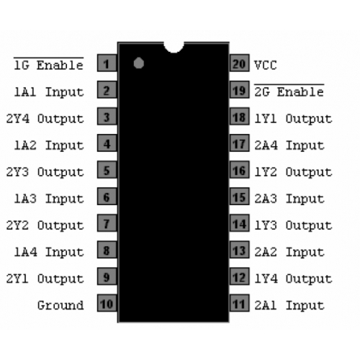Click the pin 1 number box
point(107,63)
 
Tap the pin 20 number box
point(240,63)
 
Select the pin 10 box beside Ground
point(107,303)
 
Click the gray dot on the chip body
point(139,63)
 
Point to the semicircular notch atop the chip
point(174,48)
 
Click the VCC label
point(266,66)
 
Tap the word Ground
point(60,305)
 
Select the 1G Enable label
point(49,65)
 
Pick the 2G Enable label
point(289,91)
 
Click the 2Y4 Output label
point(45,119)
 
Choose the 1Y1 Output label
point(293,119)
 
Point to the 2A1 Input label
point(289,305)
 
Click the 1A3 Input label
point(49,199)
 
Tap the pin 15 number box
point(240,197)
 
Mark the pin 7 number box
point(107,223)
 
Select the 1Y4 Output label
point(293,279)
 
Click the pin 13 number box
point(240,250)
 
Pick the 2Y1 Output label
point(45,279)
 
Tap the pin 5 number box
point(107,170)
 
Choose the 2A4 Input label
point(289,145)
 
